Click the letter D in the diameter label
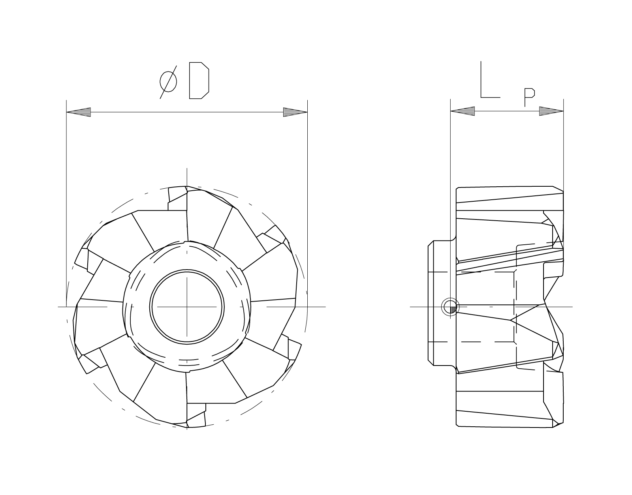click(199, 81)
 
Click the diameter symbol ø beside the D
click(168, 82)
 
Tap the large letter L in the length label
click(490, 79)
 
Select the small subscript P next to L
click(529, 97)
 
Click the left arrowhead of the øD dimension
click(79, 112)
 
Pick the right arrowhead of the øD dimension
click(295, 112)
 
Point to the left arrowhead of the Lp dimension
click(463, 111)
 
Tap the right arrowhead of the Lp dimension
click(551, 111)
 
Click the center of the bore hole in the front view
click(187, 307)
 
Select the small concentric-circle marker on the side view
click(451, 307)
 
